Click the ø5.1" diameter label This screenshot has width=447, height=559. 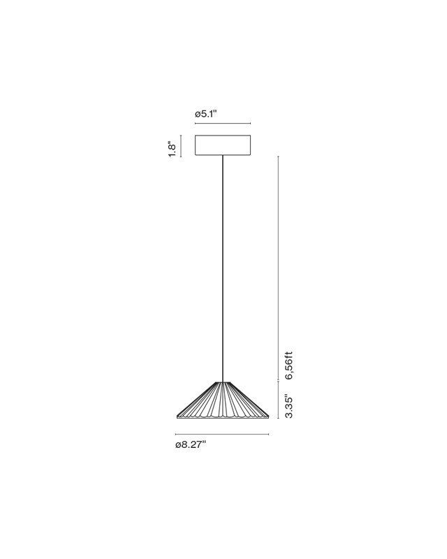pyautogui.click(x=205, y=114)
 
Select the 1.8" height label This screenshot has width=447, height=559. pyautogui.click(x=173, y=150)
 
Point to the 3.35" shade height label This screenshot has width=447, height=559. pyautogui.click(x=288, y=406)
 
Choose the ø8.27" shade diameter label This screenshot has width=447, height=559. pyautogui.click(x=191, y=444)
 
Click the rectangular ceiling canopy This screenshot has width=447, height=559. pyautogui.click(x=223, y=145)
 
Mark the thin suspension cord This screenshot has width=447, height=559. pyautogui.click(x=223, y=269)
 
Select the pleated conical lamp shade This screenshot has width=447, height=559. pyautogui.click(x=223, y=400)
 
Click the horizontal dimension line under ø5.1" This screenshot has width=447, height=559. pyautogui.click(x=223, y=124)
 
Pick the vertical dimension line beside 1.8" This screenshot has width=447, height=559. pyautogui.click(x=181, y=146)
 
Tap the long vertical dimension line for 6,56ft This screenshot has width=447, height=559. pyautogui.click(x=279, y=268)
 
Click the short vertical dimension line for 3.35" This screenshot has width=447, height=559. pyautogui.click(x=279, y=400)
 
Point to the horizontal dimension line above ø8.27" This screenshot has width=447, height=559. pyautogui.click(x=222, y=434)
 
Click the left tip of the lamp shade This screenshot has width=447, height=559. pyautogui.click(x=177, y=416)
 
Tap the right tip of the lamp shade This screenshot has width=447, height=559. pyautogui.click(x=268, y=416)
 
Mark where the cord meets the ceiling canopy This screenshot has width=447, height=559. pyautogui.click(x=223, y=155)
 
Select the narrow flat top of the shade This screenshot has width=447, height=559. pyautogui.click(x=223, y=382)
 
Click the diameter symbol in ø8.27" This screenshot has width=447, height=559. pyautogui.click(x=177, y=445)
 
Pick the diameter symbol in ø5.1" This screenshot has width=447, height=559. pyautogui.click(x=198, y=115)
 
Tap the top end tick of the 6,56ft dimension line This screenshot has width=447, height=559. pyautogui.click(x=279, y=156)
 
